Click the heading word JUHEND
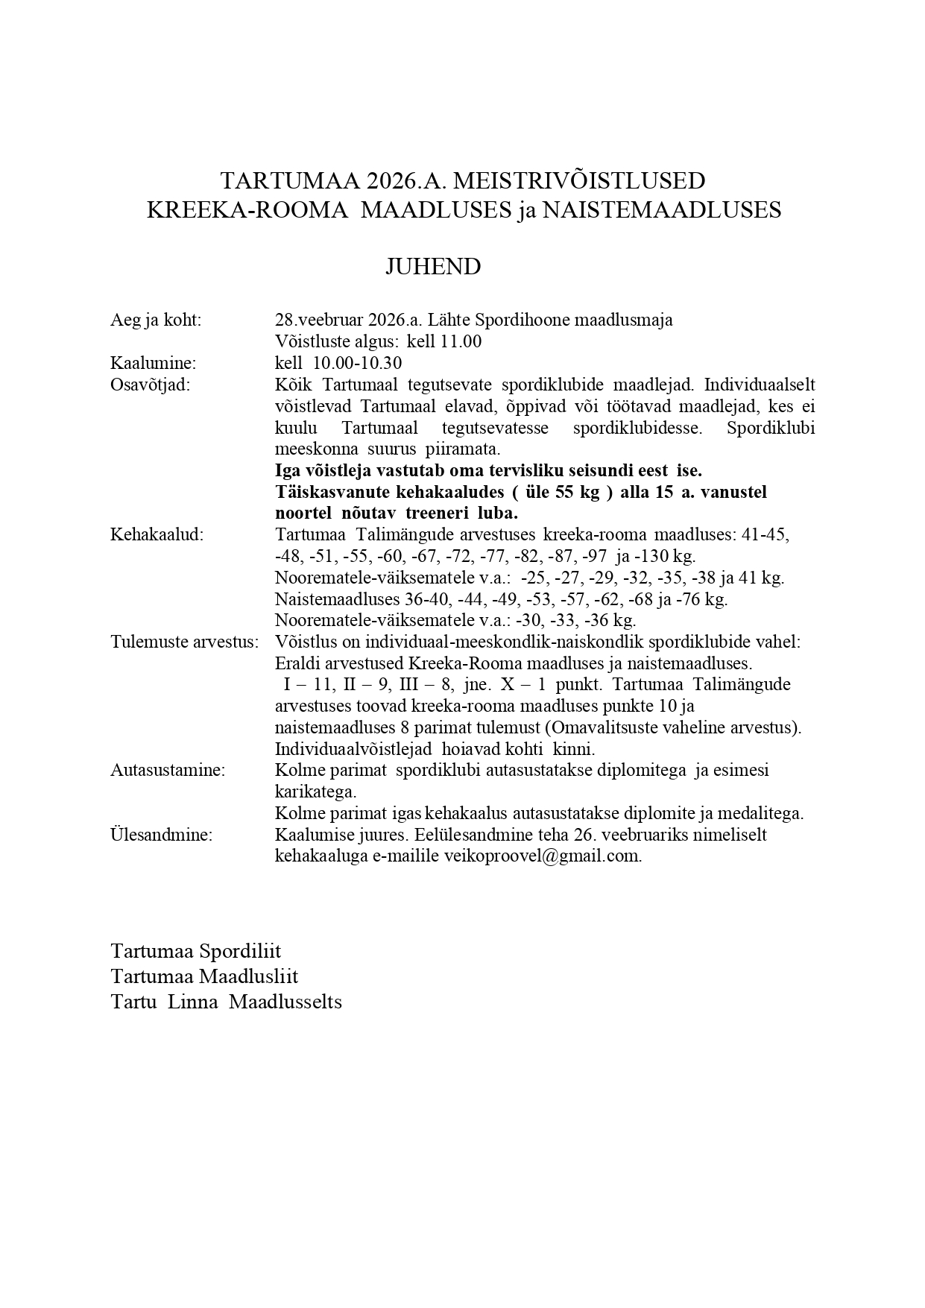[x=432, y=267]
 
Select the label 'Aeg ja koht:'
[x=156, y=320]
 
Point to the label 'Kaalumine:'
[x=153, y=364]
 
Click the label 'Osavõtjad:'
[x=150, y=385]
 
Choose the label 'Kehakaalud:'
[x=157, y=535]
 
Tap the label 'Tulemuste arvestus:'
[x=184, y=642]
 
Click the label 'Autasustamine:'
[x=168, y=771]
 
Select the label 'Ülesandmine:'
[x=161, y=835]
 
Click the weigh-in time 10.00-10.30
[x=358, y=364]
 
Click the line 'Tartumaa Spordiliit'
[x=196, y=952]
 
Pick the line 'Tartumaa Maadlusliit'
[x=204, y=976]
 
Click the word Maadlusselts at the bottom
[x=285, y=1002]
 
